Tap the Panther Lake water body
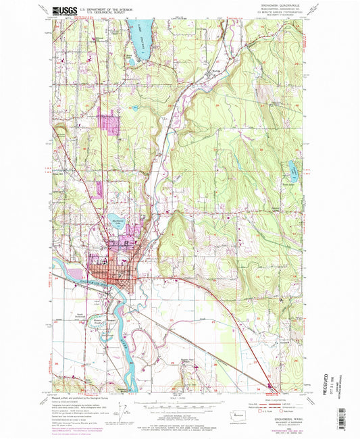click(x=292, y=166)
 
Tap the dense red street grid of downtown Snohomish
click(x=109, y=270)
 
